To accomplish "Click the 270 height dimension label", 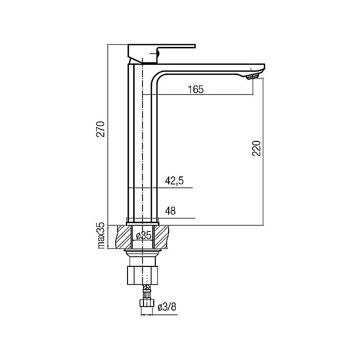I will point(101,129).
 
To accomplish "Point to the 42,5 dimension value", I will point(174,181).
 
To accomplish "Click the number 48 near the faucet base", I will point(170,211).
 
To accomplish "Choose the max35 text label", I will point(101,236).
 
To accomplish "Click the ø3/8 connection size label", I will point(167,307).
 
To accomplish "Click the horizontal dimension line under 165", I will point(206,96).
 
